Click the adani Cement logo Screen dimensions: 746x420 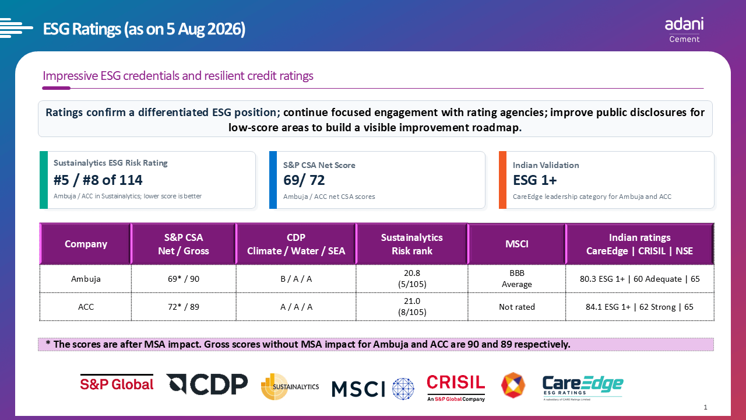pos(684,30)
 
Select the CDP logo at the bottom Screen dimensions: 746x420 pos(207,384)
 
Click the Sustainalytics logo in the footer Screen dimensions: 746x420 pos(290,386)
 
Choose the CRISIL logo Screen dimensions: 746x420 pos(456,388)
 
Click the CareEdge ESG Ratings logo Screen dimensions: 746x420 pos(583,388)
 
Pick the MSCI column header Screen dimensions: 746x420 pos(516,244)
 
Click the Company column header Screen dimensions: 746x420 pos(86,244)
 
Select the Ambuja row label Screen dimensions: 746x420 pos(86,279)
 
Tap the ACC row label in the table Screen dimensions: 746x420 pos(86,307)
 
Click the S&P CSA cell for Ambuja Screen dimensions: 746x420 pos(184,279)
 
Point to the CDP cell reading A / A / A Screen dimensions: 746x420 pos(296,307)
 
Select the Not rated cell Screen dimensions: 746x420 pos(516,307)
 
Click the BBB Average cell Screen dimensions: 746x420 pos(516,279)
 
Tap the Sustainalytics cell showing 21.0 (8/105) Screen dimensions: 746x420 pos(412,307)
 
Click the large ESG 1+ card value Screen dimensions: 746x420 pos(535,180)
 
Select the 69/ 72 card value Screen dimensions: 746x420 pos(304,180)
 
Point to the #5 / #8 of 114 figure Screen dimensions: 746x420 pos(98,180)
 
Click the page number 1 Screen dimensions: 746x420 pos(705,407)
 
